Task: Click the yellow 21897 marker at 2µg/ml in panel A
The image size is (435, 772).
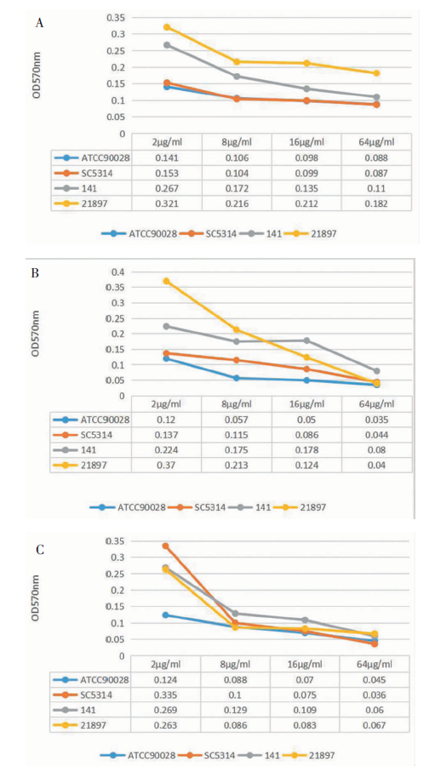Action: coord(167,27)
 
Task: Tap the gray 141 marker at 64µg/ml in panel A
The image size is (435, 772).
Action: coord(376,97)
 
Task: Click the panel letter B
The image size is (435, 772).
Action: coord(35,273)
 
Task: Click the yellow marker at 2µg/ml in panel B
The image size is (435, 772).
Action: coord(167,281)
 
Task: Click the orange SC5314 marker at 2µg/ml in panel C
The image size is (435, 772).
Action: coord(165,546)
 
